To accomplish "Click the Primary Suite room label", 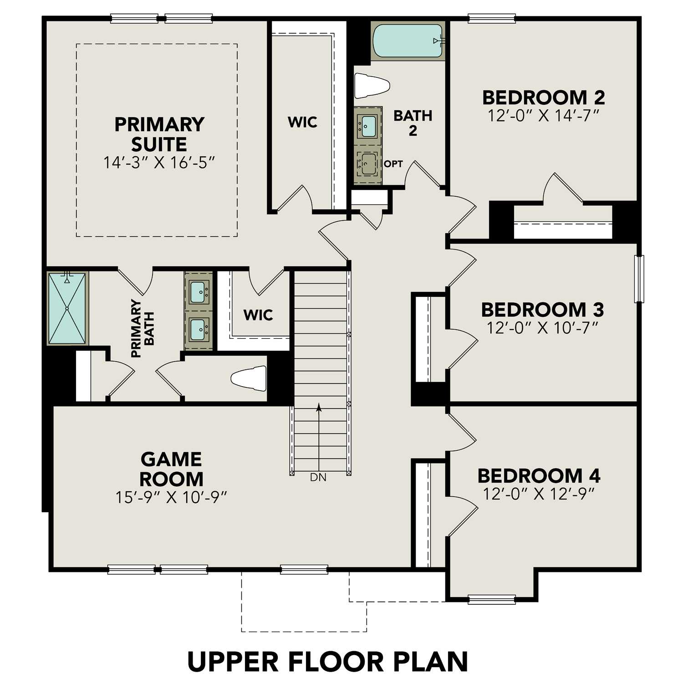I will click(x=159, y=134).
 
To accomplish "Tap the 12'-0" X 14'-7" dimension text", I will click(x=543, y=116).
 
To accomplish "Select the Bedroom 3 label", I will click(x=542, y=310).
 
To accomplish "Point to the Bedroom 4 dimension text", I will click(x=539, y=494).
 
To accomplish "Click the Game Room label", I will click(x=171, y=469).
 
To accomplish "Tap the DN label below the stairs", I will click(x=318, y=478).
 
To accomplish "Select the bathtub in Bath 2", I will click(x=408, y=41).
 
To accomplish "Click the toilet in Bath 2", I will click(x=371, y=86).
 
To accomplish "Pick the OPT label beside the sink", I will click(x=393, y=164).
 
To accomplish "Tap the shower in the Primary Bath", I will click(x=67, y=308).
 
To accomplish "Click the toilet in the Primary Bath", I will click(x=249, y=378).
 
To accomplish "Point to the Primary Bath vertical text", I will click(x=143, y=328).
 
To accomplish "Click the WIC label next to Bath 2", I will click(x=302, y=122).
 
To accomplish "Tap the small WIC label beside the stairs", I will click(x=258, y=315).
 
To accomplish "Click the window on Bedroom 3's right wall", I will click(x=639, y=279).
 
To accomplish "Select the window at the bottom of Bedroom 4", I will click(x=492, y=599).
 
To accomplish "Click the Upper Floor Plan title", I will click(x=328, y=661).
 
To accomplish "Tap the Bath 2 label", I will click(x=413, y=123).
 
